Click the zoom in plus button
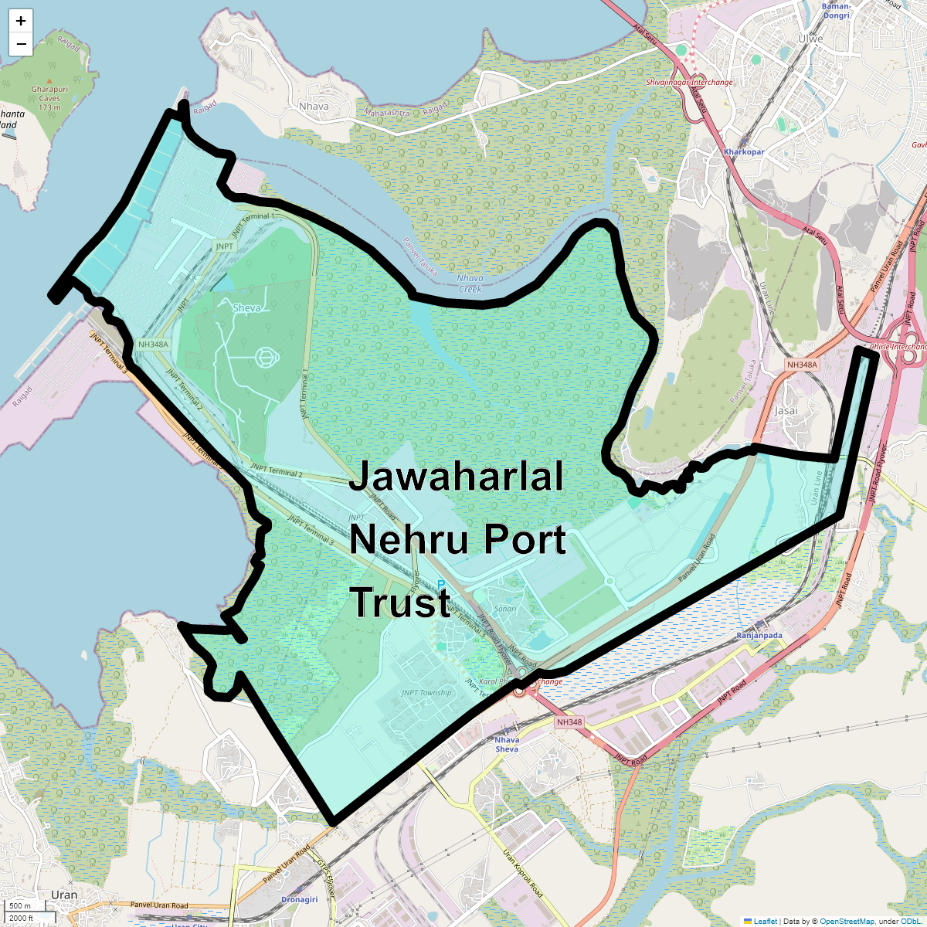[21, 21]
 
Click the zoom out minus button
[21, 44]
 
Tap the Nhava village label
[314, 107]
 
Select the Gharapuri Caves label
[49, 93]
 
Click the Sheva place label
[246, 307]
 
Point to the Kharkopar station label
[744, 152]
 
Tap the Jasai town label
[786, 410]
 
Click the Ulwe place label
[810, 39]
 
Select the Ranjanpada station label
[759, 636]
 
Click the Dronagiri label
[299, 899]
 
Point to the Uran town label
[64, 895]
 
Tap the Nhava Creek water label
[470, 284]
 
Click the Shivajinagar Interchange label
[689, 83]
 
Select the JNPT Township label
[426, 693]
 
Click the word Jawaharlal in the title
[456, 477]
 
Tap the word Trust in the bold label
[400, 603]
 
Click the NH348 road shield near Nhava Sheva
[569, 722]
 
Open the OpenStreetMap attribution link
[847, 921]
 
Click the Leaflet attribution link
[765, 921]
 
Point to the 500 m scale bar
[21, 905]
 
